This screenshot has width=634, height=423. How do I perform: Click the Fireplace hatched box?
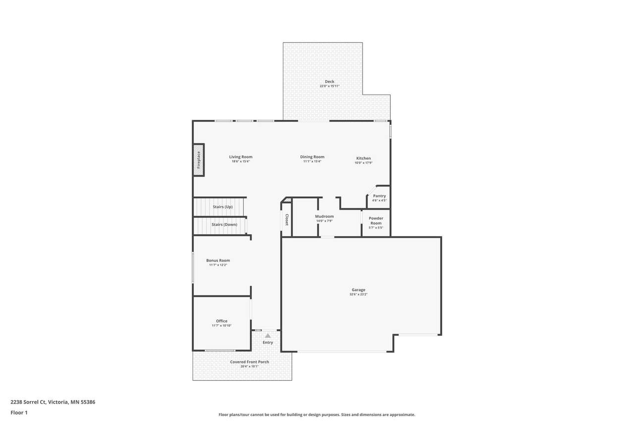tap(199, 160)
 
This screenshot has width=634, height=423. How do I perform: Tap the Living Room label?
tap(241, 157)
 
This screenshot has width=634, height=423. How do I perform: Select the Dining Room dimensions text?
tap(312, 162)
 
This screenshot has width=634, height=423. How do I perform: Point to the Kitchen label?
tap(364, 158)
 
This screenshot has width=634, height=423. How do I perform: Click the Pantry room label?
tap(379, 196)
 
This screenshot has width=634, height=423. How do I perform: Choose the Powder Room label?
tap(376, 221)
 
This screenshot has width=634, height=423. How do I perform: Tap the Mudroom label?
tap(324, 216)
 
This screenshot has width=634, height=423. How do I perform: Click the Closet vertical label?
tap(287, 220)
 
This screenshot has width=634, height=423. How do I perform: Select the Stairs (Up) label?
tap(223, 207)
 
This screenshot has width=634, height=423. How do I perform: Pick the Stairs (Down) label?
tap(224, 224)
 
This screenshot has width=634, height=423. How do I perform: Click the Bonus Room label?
tap(218, 260)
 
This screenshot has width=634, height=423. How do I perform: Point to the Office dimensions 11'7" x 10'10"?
tap(221, 325)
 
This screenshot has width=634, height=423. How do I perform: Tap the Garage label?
tap(358, 290)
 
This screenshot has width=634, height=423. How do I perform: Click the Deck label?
tap(329, 82)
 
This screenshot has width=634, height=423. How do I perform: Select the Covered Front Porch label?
tap(249, 362)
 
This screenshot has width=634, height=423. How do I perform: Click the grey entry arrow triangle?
tap(268, 336)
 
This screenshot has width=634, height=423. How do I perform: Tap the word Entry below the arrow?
tap(268, 343)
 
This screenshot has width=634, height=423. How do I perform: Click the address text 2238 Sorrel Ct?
tap(28, 402)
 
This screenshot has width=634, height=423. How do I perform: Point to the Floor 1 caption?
tap(19, 413)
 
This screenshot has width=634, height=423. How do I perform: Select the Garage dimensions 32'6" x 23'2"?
tap(358, 295)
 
